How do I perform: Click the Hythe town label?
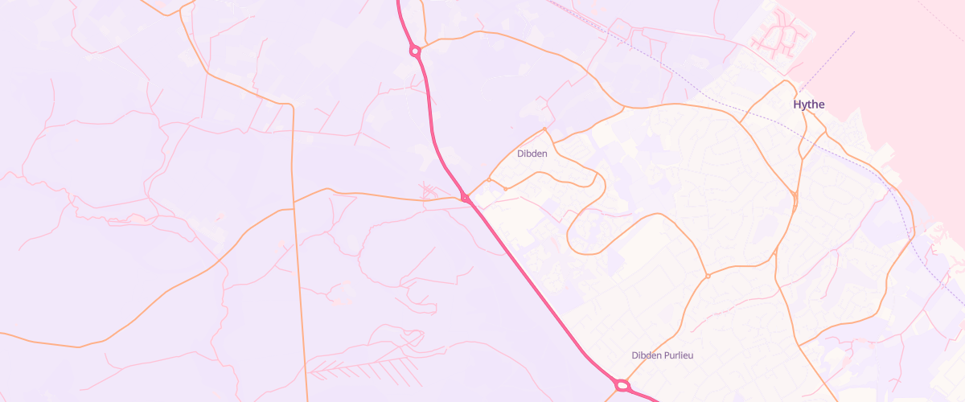pos(809,105)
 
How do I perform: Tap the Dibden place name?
pos(532,154)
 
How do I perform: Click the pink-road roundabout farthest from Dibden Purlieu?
pos(415,51)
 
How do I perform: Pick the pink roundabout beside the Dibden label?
pos(465,198)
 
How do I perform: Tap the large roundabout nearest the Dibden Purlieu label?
pos(622,386)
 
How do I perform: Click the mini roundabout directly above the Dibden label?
pos(544,129)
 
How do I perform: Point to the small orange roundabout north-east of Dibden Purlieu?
pos(708,276)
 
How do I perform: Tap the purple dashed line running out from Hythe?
pos(828,60)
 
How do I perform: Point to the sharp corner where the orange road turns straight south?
pos(292,105)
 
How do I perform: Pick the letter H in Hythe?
pos(797,105)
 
